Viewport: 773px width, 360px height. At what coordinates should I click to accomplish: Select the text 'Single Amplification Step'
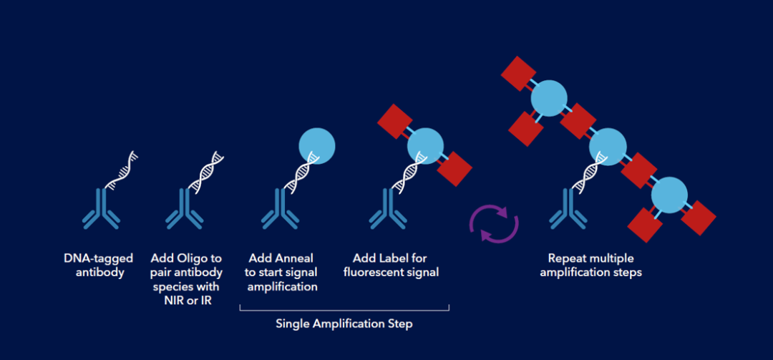click(x=344, y=324)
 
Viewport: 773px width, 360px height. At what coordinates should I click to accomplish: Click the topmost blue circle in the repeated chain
click(x=548, y=97)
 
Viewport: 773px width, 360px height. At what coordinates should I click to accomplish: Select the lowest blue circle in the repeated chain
click(x=669, y=194)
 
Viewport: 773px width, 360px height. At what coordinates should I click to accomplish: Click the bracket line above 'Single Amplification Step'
click(x=344, y=310)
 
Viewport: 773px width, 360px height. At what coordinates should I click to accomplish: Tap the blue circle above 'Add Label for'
click(x=425, y=145)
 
